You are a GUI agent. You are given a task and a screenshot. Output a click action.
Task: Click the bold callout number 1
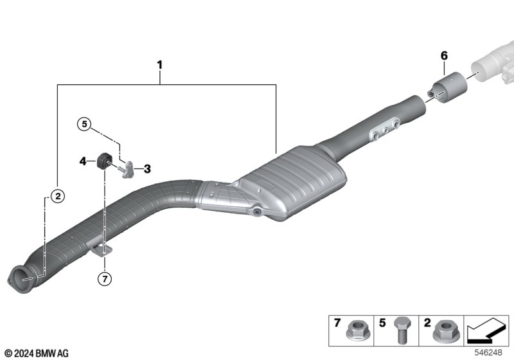159,65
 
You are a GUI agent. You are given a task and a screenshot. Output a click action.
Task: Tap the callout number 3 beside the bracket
147,169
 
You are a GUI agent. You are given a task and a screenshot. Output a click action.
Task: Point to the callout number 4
83,161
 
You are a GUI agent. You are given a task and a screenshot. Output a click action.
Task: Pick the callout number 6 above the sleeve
444,56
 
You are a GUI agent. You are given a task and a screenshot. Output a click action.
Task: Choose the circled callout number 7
104,278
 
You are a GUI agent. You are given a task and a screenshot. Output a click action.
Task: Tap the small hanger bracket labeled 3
130,169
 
